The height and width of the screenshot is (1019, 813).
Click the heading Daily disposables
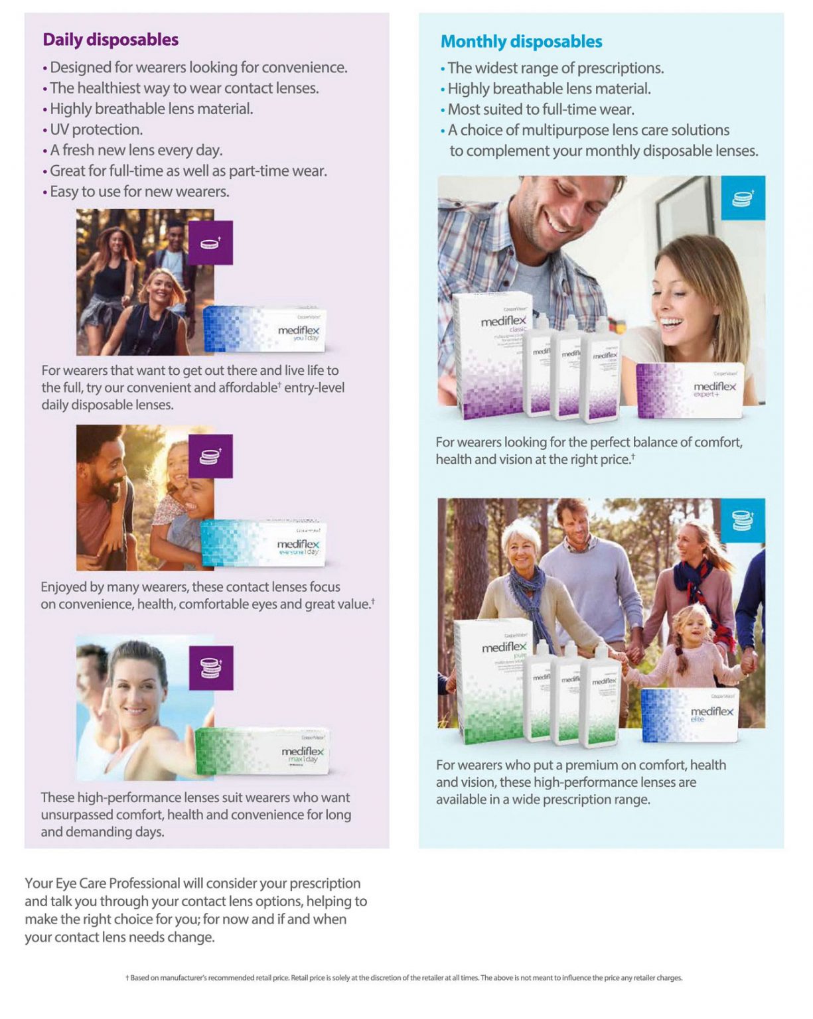coord(110,40)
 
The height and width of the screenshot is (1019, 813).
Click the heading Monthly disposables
coord(521,42)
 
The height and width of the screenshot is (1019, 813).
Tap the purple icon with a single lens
coord(210,243)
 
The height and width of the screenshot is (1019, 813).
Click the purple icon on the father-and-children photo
coord(210,456)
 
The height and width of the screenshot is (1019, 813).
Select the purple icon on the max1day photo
coord(210,667)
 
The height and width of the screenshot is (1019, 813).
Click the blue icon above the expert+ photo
coord(743,198)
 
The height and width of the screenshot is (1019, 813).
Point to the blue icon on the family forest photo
coord(743,520)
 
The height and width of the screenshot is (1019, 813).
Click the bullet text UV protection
coord(96,129)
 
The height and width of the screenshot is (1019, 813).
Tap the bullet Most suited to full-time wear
coord(540,109)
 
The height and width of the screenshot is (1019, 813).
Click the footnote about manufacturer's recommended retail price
coord(404,977)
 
